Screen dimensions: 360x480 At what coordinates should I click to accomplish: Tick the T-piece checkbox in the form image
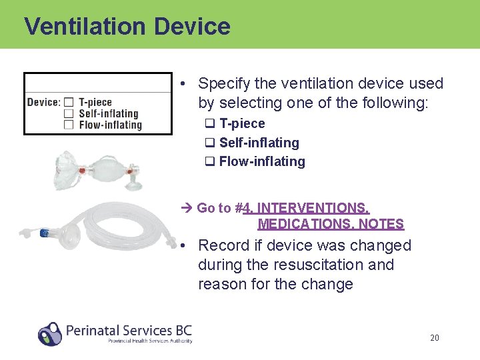(68, 102)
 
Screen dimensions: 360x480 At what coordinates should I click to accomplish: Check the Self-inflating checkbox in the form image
(68, 113)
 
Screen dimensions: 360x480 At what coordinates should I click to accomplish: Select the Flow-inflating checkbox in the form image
(68, 125)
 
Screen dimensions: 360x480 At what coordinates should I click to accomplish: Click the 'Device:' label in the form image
(43, 102)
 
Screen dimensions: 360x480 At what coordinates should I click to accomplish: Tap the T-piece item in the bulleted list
(241, 123)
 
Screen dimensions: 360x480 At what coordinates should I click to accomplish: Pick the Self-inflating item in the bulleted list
(259, 143)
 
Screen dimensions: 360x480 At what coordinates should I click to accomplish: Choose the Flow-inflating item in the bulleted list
(261, 161)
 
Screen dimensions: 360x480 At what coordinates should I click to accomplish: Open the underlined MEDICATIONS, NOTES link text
(331, 224)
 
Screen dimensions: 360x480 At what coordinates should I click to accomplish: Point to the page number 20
(434, 338)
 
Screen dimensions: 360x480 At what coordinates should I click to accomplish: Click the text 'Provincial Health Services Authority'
(150, 341)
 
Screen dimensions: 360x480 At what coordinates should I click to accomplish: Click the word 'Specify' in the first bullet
(223, 83)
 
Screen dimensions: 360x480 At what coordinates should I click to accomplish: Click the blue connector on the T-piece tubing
(46, 233)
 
